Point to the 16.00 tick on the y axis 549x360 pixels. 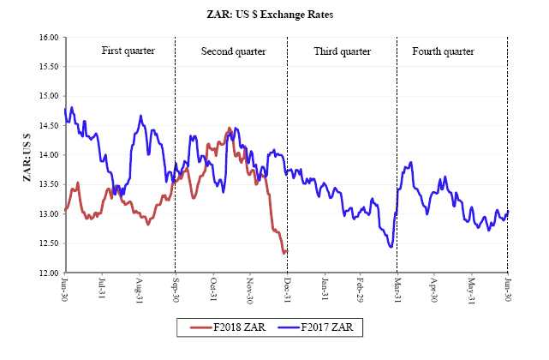click(x=47, y=38)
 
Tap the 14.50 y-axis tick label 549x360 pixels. click(x=47, y=126)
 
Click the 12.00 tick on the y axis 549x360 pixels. click(x=47, y=273)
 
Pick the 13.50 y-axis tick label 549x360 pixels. click(x=47, y=184)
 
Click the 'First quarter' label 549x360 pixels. click(x=128, y=51)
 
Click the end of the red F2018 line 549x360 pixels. click(x=287, y=251)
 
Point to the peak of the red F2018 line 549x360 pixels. click(x=229, y=129)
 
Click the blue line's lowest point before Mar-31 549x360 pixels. click(x=391, y=247)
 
